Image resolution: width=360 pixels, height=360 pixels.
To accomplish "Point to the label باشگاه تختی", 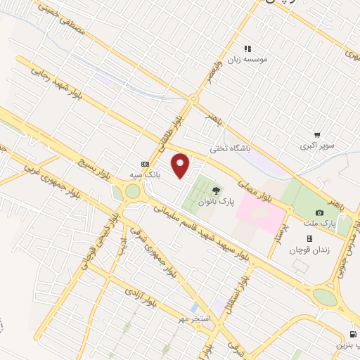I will pyautogui.click(x=230, y=148).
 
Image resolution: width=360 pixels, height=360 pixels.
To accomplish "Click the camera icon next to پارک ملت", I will pyautogui.click(x=320, y=212).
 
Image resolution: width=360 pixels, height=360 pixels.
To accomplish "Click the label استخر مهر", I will pyautogui.click(x=193, y=320).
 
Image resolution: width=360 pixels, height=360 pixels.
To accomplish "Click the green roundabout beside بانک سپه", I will pyautogui.click(x=131, y=191).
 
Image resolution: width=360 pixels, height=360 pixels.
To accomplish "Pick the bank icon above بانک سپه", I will pyautogui.click(x=145, y=161).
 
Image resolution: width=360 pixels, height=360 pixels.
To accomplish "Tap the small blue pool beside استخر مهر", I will pyautogui.click(x=193, y=309).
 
